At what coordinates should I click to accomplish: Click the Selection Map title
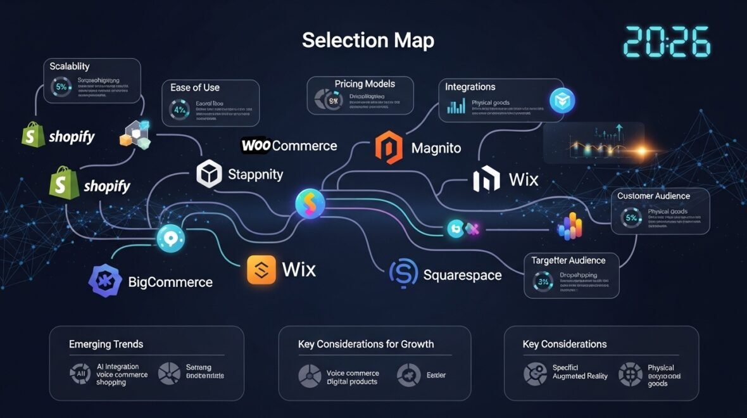368,41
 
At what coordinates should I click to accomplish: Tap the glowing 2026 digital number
667,42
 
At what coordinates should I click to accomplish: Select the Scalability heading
70,66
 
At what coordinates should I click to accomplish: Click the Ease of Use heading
195,87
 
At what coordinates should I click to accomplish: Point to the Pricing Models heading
365,84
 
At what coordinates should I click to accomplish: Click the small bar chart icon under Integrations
456,106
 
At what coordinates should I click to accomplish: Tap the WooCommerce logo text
289,146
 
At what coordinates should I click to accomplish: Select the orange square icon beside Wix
262,270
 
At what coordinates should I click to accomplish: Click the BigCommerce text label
170,282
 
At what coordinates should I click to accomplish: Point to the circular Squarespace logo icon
403,274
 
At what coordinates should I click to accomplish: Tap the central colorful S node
310,203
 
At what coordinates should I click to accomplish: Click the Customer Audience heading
654,196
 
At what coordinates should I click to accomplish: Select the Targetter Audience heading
568,260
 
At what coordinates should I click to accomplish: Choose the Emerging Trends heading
106,344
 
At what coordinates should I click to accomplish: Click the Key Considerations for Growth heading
366,344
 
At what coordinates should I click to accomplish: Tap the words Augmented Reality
580,376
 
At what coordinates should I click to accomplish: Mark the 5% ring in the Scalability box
61,87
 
